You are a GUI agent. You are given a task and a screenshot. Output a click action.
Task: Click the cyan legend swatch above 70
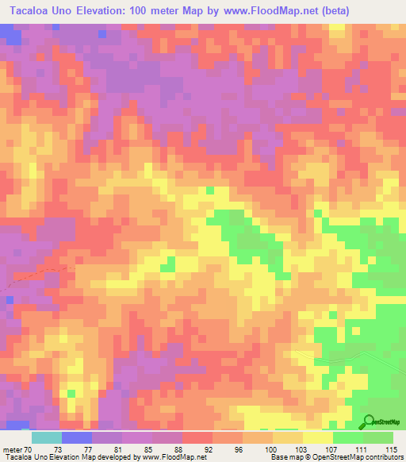click(x=47, y=437)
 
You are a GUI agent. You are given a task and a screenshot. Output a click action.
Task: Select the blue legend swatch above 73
click(x=77, y=437)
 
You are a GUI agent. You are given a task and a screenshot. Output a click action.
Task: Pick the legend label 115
click(x=390, y=449)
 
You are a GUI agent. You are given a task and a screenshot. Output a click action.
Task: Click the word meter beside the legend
click(x=13, y=449)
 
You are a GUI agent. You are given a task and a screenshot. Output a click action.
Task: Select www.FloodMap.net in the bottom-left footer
click(x=172, y=458)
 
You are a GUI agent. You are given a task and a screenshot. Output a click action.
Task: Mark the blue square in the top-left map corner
click(x=10, y=33)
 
